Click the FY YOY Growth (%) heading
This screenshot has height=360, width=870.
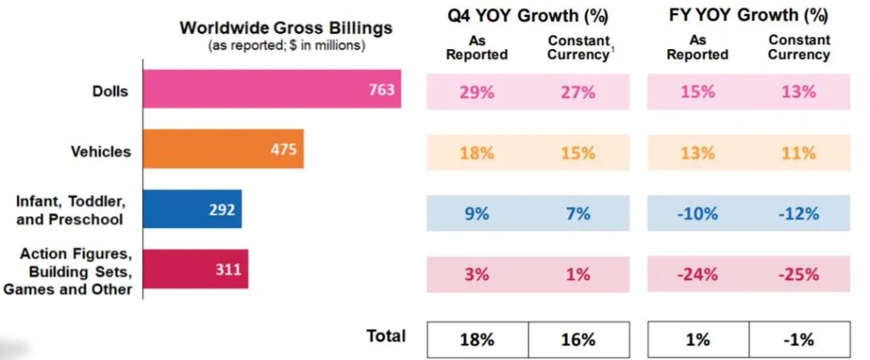tap(748, 15)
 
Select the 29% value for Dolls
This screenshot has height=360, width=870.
tap(477, 92)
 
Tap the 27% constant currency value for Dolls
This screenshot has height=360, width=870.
tap(577, 92)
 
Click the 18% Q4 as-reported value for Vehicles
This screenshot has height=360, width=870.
tap(477, 153)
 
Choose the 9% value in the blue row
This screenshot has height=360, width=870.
tap(477, 213)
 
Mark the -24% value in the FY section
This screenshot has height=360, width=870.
tap(698, 274)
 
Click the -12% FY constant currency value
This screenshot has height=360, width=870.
tap(798, 213)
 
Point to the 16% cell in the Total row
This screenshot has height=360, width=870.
tap(577, 339)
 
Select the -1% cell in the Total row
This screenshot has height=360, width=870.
tap(798, 339)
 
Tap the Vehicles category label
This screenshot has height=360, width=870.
tap(101, 151)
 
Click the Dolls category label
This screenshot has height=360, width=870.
tap(110, 90)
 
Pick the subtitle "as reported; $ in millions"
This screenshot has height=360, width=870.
tap(286, 46)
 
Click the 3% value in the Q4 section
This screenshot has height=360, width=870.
tap(477, 274)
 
